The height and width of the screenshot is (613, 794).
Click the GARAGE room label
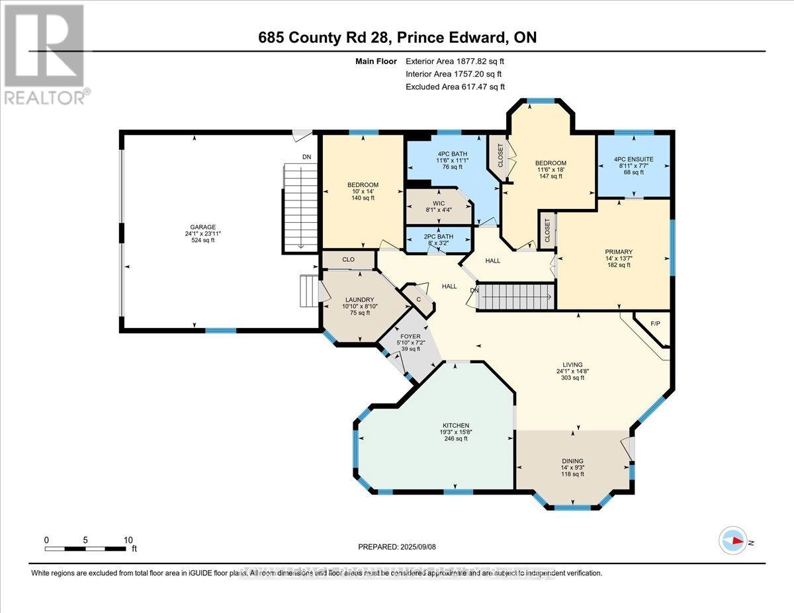(x=204, y=227)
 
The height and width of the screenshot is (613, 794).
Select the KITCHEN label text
(x=456, y=425)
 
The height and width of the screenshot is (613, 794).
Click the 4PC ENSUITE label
(x=634, y=159)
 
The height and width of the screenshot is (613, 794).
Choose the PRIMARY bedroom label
(x=619, y=252)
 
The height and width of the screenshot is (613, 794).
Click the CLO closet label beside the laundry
(x=349, y=260)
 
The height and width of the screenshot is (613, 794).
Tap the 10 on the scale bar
(x=127, y=540)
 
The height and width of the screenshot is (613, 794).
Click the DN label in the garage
(x=306, y=157)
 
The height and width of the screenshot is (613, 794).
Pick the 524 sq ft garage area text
(x=204, y=240)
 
